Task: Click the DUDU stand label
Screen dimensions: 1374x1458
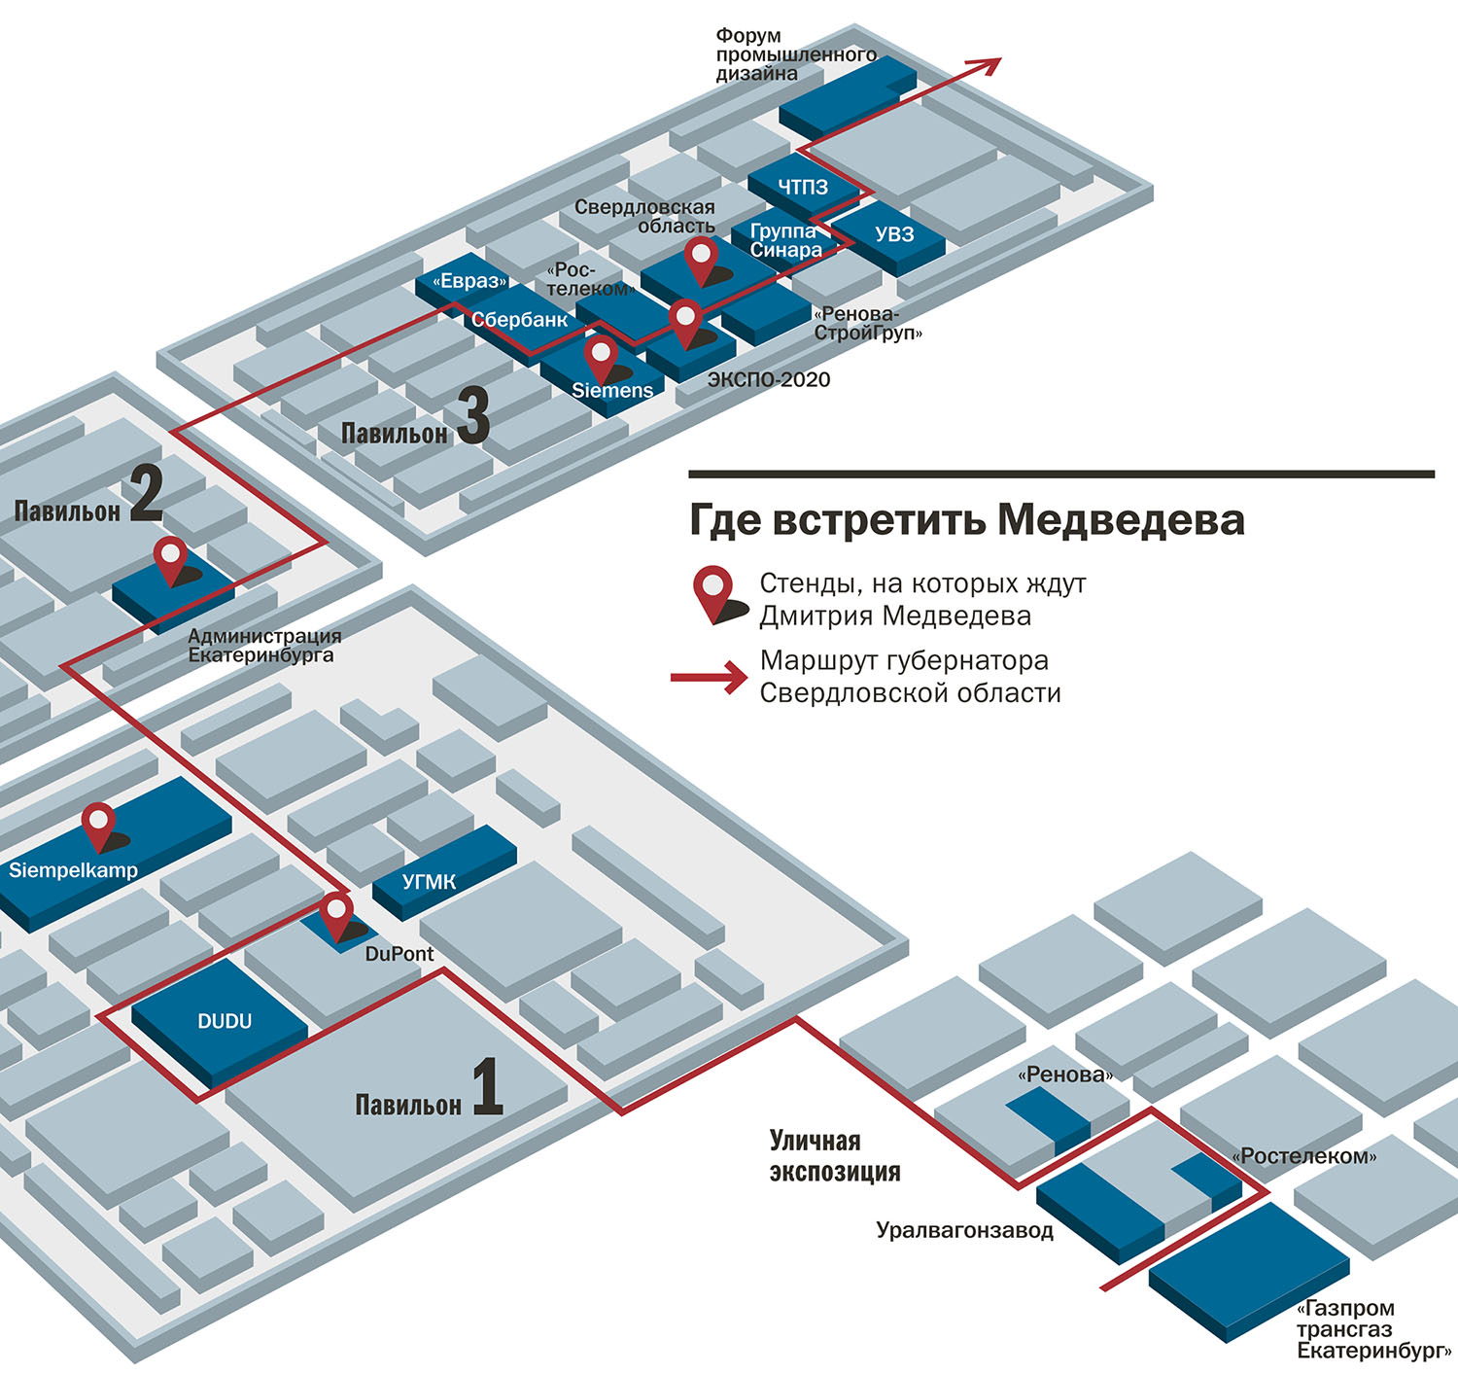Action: point(225,1021)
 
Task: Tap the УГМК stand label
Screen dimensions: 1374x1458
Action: point(429,882)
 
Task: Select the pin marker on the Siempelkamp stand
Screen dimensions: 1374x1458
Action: point(99,826)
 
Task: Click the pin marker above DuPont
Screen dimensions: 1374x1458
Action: point(336,914)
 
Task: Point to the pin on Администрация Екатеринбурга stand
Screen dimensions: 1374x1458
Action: point(172,558)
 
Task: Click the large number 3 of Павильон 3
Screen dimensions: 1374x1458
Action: point(473,415)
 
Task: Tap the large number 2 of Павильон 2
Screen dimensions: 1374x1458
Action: point(146,493)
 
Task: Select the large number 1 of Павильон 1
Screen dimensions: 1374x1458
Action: point(487,1086)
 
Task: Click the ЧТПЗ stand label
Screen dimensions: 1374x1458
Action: point(803,187)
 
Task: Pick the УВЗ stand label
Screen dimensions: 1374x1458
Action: point(894,234)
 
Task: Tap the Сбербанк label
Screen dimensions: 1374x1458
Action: point(519,320)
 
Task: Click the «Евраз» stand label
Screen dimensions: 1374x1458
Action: point(470,281)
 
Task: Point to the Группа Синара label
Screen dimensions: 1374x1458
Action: point(785,240)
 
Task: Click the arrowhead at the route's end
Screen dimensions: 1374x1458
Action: point(988,66)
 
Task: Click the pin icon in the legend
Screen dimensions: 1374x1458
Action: point(715,592)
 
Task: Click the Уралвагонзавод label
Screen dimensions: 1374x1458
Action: point(964,1230)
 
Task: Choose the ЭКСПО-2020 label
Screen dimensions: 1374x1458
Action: point(769,379)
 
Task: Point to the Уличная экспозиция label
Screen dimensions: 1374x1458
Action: point(834,1156)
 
